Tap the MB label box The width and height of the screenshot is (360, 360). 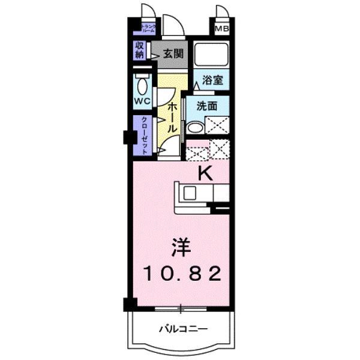tap(222, 28)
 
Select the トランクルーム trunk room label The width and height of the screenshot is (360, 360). tap(148, 28)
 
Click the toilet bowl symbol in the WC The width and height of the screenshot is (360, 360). tap(142, 84)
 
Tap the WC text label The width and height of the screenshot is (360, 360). tap(142, 101)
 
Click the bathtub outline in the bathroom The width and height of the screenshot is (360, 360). tap(211, 56)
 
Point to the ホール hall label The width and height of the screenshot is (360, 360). tap(171, 117)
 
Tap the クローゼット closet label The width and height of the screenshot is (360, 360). tap(145, 136)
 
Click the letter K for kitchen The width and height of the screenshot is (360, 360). tap(205, 173)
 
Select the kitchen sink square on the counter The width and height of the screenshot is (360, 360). tap(190, 194)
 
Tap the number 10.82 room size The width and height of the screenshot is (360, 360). tap(182, 274)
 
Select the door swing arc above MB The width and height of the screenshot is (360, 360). tap(223, 12)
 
